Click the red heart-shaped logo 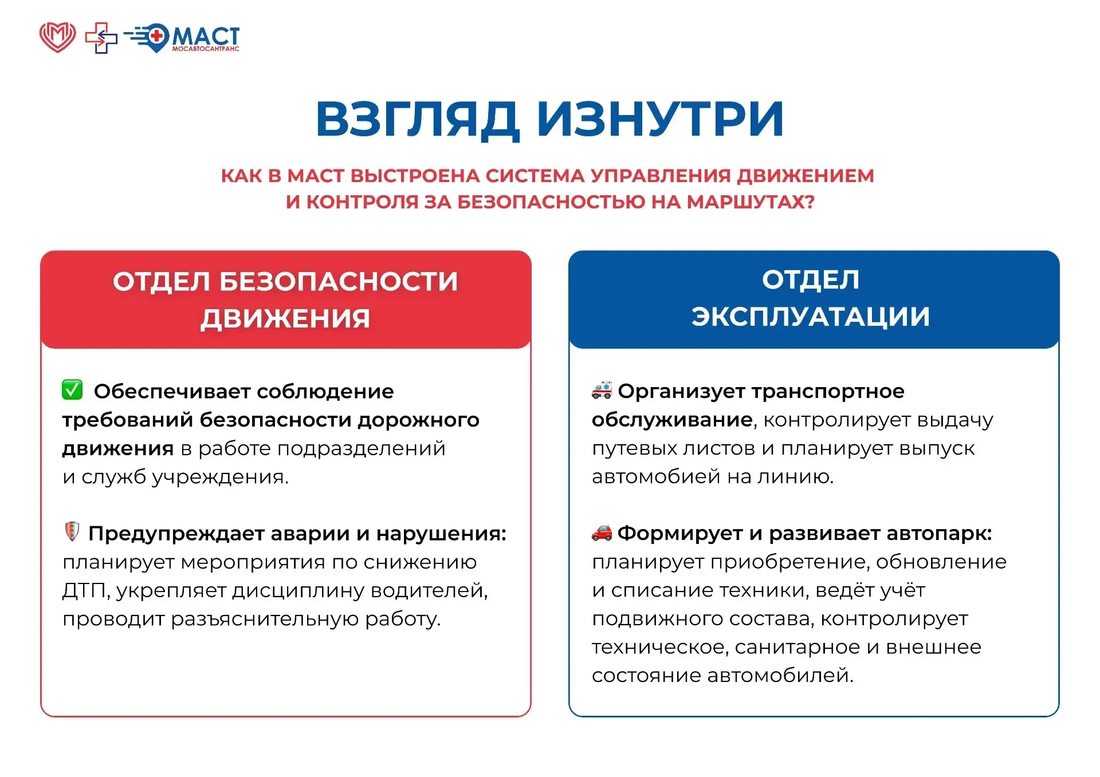coord(57,37)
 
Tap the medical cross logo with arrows coord(101,38)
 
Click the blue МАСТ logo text coord(206,37)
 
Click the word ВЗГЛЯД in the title coord(417,120)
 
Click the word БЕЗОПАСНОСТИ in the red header coord(339,281)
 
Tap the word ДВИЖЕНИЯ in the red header coord(285,318)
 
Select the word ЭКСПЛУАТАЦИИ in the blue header coord(811,317)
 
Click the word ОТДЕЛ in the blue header coord(811,279)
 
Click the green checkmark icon coord(72,389)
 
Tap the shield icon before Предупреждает coord(72,531)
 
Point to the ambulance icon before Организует coord(602,389)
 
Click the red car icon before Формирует coord(602,533)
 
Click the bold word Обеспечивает coord(172,392)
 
